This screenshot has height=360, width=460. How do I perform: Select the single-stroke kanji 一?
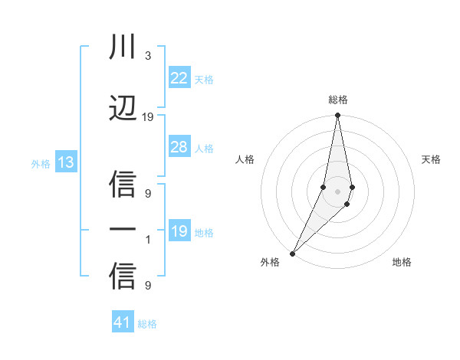123,229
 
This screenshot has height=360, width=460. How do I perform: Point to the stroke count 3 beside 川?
148,57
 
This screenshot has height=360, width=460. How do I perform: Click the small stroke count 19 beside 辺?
148,116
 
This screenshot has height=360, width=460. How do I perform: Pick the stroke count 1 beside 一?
148,239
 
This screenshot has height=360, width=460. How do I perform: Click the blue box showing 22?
179,78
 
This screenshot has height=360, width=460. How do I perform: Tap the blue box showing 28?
179,147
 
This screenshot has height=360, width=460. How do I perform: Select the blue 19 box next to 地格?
179,231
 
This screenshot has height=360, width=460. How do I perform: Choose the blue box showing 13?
65,162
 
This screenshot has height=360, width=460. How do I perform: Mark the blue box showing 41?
123,322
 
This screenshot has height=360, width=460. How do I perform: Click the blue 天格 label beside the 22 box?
204,79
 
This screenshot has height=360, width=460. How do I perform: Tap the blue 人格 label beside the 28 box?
204,148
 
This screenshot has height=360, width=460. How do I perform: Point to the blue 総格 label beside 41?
147,323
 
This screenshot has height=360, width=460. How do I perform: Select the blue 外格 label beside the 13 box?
41,163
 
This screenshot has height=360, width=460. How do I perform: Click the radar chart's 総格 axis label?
337,100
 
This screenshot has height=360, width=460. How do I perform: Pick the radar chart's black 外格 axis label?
270,262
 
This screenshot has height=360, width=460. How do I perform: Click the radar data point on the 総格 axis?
337,116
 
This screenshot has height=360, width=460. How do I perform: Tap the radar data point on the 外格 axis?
292,253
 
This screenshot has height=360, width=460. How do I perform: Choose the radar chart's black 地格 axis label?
402,262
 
